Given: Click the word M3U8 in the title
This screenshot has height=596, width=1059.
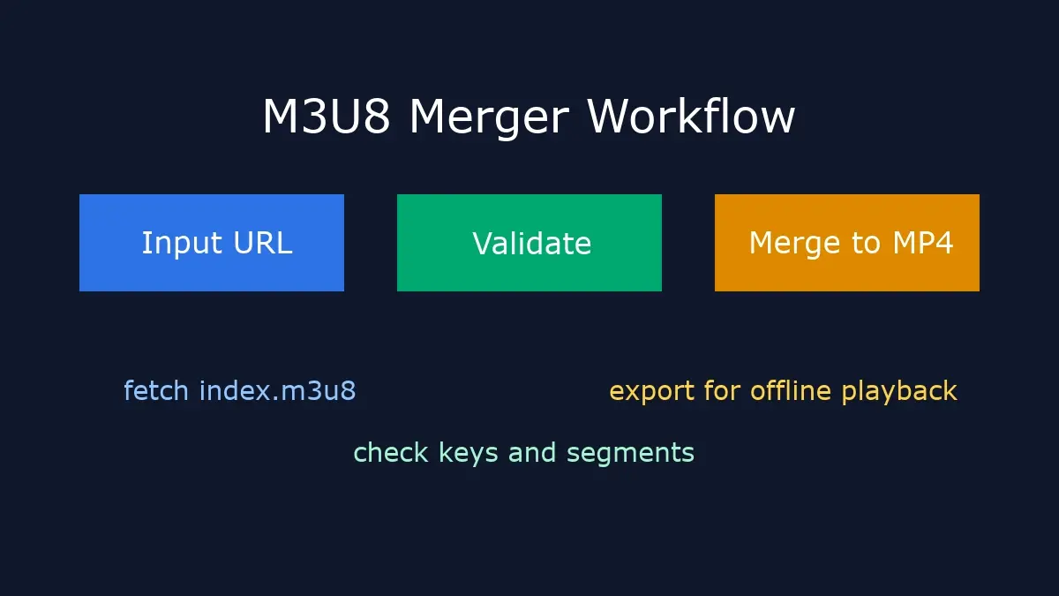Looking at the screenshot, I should pyautogui.click(x=326, y=117).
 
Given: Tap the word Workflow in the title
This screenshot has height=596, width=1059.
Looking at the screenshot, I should pyautogui.click(x=691, y=117).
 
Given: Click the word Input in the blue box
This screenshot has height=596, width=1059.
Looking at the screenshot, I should pyautogui.click(x=176, y=244).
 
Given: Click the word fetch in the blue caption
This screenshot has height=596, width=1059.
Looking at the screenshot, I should pyautogui.click(x=156, y=390).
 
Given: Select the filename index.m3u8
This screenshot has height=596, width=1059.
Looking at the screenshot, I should pyautogui.click(x=277, y=390).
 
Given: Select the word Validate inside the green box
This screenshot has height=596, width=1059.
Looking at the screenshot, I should pyautogui.click(x=531, y=244).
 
